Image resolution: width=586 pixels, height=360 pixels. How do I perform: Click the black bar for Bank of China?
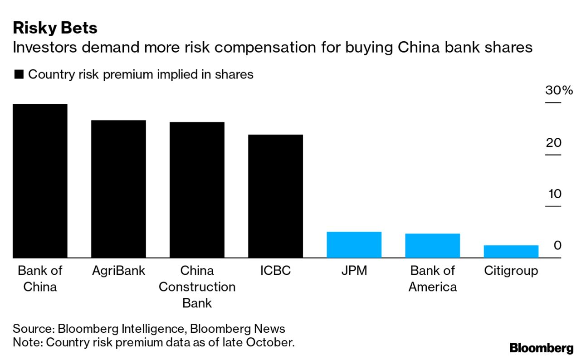[x=40, y=181]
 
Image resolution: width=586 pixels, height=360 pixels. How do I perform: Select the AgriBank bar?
[x=118, y=189]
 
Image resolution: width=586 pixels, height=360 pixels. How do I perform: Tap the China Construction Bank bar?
[x=197, y=190]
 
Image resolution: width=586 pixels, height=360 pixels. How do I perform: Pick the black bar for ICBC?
[x=275, y=196]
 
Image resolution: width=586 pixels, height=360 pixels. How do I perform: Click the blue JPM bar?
[x=354, y=245]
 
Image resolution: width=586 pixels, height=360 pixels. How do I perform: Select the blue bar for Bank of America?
[x=432, y=246]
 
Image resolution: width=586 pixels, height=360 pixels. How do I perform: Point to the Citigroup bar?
[x=511, y=252]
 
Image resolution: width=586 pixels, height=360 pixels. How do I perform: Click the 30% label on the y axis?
[x=559, y=90]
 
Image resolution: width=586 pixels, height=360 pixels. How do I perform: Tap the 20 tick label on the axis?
[x=553, y=143]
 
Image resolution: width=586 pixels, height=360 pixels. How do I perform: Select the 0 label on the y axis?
[x=557, y=246]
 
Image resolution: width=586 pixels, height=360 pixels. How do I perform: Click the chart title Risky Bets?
[x=55, y=28]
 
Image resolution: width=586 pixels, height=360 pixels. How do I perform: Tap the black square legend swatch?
[x=19, y=75]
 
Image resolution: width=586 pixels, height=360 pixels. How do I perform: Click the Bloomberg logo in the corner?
[x=541, y=348]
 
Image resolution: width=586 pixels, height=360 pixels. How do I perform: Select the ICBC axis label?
[x=275, y=271]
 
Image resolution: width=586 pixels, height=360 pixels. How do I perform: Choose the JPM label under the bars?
[x=354, y=271]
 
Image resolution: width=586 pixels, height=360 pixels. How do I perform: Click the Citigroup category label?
[x=511, y=271]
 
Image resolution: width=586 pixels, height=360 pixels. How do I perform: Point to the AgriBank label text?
[x=118, y=271]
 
